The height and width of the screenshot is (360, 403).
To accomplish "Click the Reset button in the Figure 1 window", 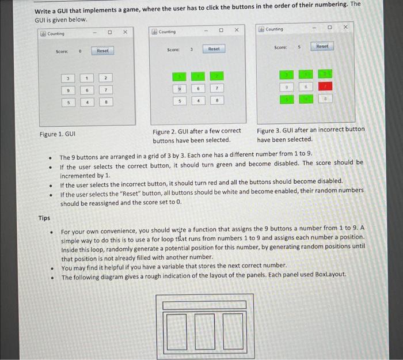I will click(102, 51).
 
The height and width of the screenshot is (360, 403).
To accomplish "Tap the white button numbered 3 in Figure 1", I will click(67, 78).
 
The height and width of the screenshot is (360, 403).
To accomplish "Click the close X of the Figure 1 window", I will click(125, 32).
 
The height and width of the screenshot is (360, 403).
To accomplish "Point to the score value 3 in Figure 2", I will click(191, 50).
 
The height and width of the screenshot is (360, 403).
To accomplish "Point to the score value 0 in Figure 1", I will click(80, 51).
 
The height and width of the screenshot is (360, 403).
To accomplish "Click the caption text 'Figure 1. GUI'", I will click(58, 134).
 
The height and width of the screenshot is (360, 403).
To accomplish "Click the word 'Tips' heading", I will click(44, 218).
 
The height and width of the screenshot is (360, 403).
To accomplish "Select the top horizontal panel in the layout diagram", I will click(204, 304).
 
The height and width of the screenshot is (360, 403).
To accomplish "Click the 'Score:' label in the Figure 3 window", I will click(280, 47).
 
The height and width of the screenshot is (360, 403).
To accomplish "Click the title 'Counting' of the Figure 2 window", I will click(167, 32).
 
